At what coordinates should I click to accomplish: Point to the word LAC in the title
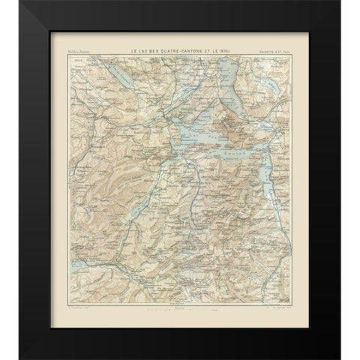tap(142, 50)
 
